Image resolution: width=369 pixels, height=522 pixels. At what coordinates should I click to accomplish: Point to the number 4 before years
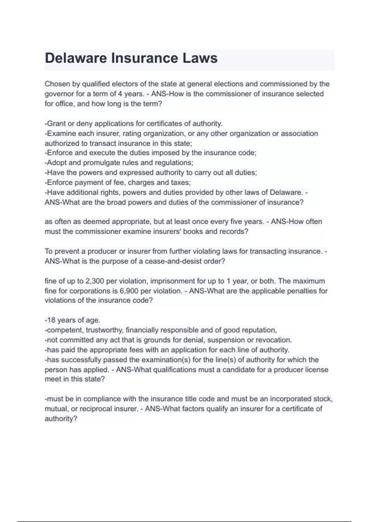click(120, 94)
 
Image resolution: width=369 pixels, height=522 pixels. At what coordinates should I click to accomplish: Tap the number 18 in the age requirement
click(51, 320)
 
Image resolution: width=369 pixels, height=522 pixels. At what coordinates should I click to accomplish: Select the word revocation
click(275, 340)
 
